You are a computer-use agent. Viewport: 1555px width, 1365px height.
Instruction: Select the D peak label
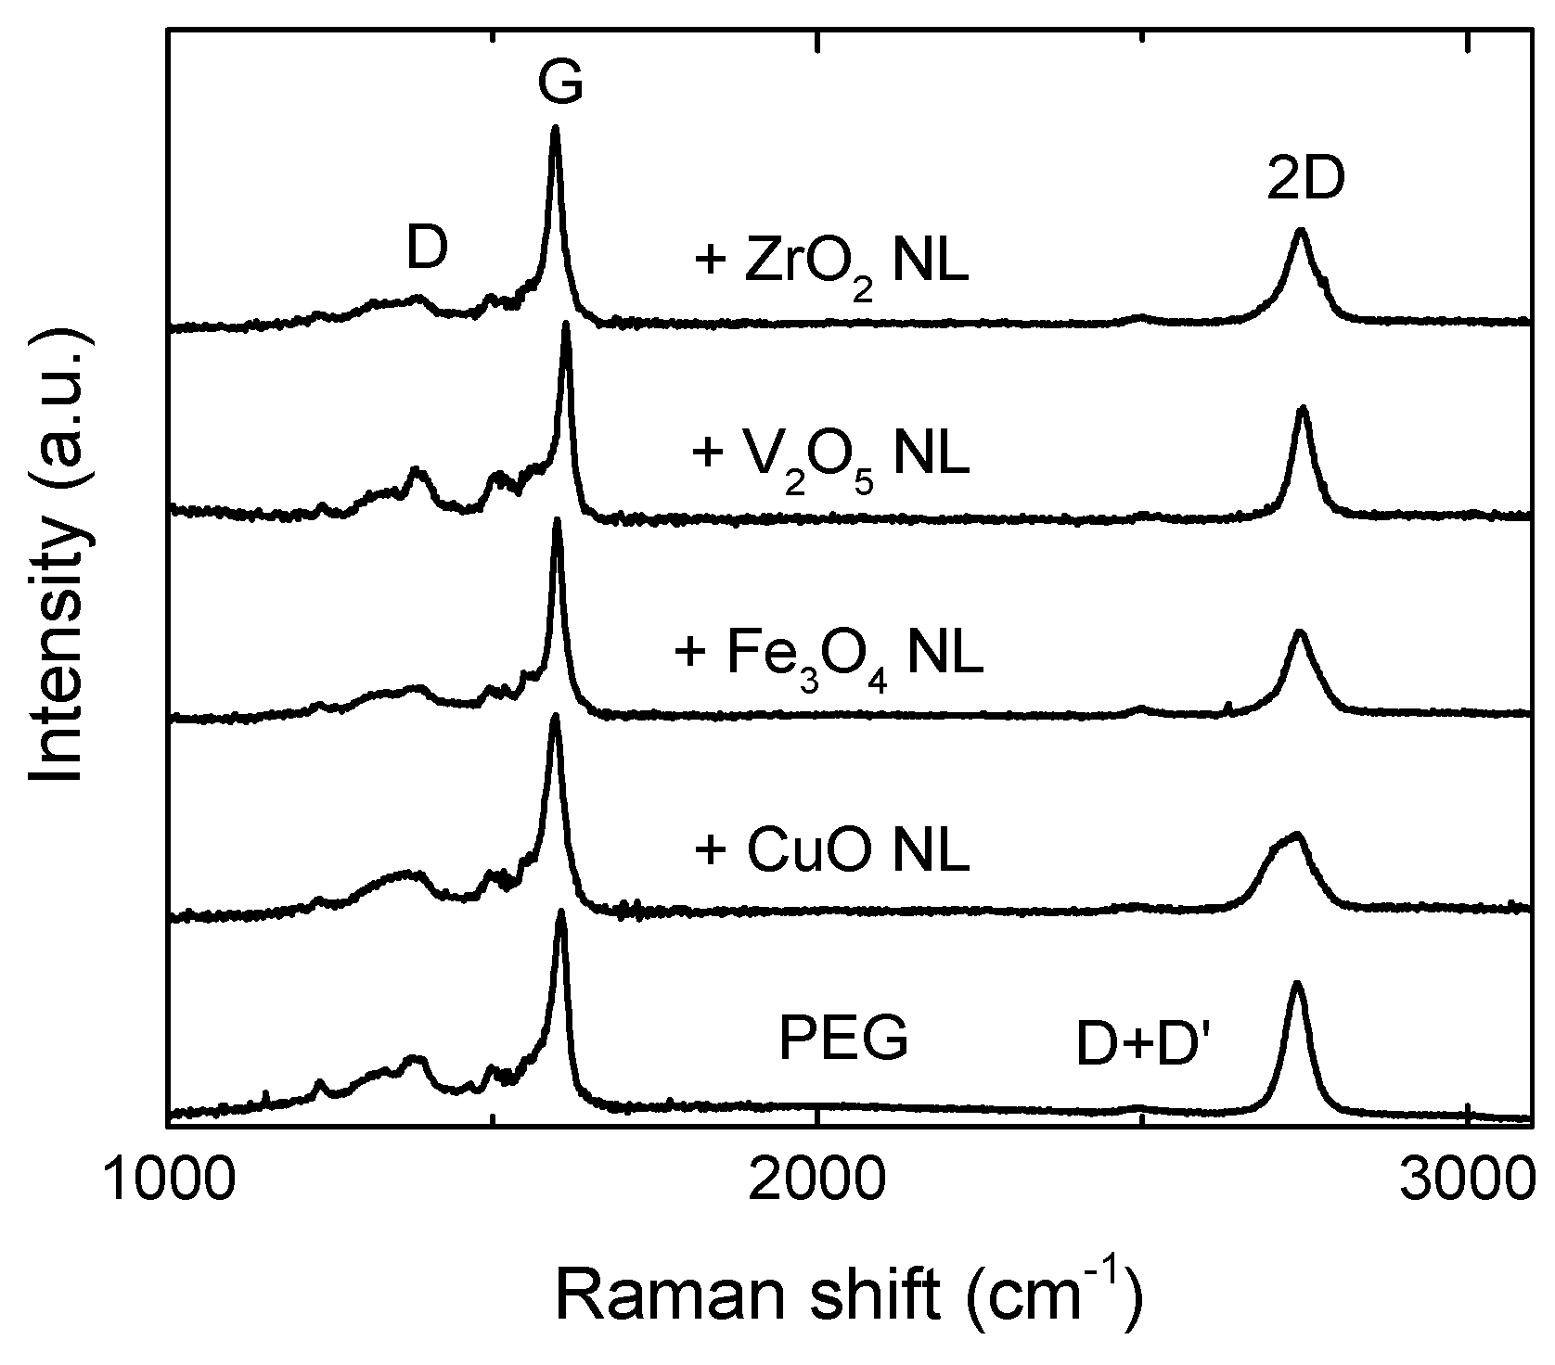(x=427, y=249)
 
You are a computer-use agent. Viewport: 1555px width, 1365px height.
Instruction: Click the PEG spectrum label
(x=842, y=1040)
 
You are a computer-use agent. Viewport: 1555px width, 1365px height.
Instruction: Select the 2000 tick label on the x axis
(x=816, y=1180)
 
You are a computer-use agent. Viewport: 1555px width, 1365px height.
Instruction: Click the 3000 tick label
(x=1466, y=1180)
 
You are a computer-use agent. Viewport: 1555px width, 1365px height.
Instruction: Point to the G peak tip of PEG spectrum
(x=560, y=912)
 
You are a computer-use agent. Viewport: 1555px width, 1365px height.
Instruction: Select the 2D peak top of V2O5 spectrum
(x=1303, y=408)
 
